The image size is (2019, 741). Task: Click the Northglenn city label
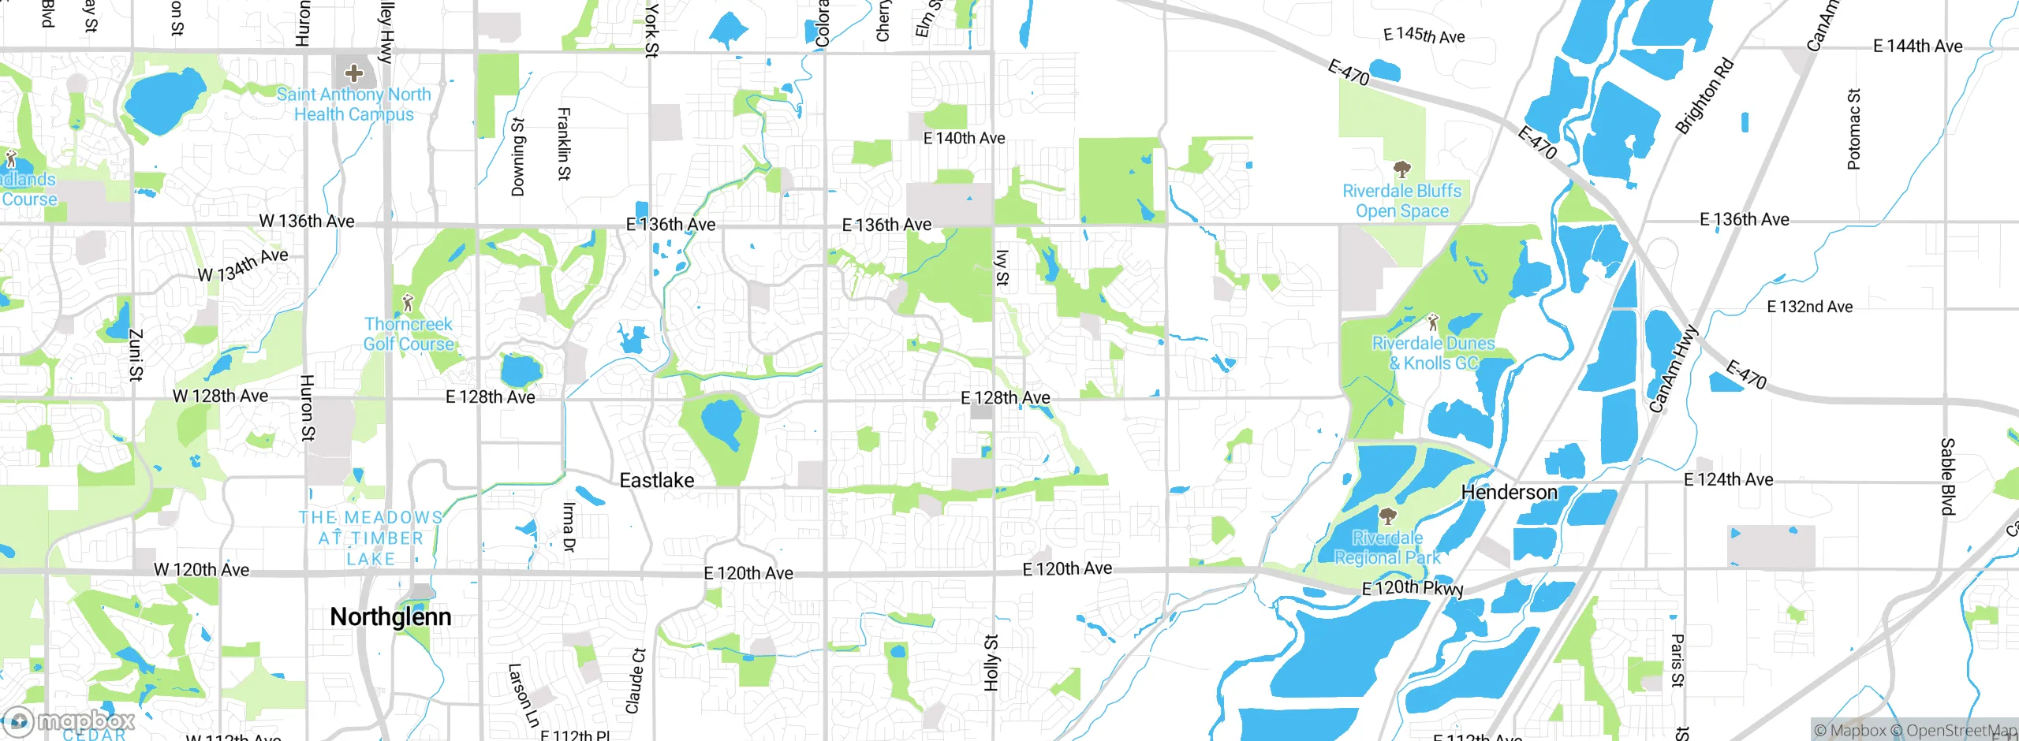390,616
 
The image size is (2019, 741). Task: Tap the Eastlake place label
657,480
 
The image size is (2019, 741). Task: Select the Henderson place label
1509,492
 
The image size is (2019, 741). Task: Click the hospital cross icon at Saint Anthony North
354,73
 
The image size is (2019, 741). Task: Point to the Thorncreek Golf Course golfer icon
408,302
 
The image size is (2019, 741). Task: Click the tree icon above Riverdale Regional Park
1387,517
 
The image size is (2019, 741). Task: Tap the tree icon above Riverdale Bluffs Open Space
1401,169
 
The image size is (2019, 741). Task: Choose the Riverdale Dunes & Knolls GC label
1433,353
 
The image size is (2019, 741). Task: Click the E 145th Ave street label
1424,35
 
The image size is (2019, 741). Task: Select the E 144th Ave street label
1917,46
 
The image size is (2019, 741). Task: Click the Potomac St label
1854,129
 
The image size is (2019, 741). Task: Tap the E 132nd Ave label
1809,307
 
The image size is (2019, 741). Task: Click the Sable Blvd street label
1947,477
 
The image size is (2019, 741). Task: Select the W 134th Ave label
243,264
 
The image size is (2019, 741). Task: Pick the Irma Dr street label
569,527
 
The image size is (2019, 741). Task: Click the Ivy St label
1002,268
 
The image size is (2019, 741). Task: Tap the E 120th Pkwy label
1413,587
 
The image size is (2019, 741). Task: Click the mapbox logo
69,721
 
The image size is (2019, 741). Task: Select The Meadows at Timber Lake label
371,538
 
